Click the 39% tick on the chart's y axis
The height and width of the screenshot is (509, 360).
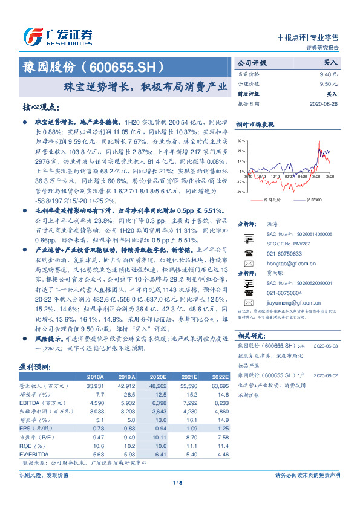click(241, 140)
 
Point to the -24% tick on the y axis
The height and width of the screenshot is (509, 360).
click(241, 192)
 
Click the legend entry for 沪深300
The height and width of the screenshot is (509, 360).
click(312, 199)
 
